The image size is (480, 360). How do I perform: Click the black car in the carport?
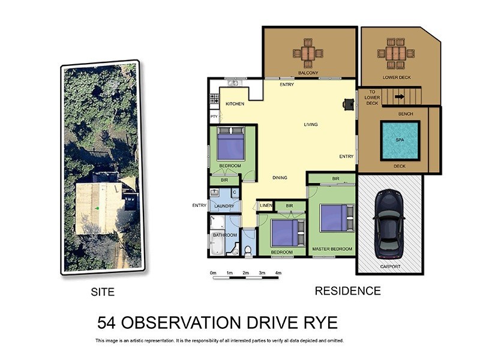click(x=388, y=222)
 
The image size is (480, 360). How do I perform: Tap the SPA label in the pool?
click(x=400, y=140)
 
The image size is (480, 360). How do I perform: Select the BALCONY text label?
click(x=308, y=73)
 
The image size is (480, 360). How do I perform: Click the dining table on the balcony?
click(x=308, y=53)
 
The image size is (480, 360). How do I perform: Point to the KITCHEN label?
click(x=235, y=104)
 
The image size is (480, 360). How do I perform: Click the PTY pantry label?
click(x=214, y=116)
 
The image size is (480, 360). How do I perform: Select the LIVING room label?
click(x=310, y=125)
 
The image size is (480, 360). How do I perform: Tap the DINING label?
click(x=280, y=178)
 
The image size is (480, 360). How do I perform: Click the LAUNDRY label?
click(x=224, y=206)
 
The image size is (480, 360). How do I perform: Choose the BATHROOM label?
click(x=225, y=236)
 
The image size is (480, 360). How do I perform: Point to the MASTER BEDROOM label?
click(x=332, y=248)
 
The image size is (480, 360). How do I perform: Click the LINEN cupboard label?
click(x=266, y=206)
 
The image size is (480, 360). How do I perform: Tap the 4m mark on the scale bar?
click(x=278, y=273)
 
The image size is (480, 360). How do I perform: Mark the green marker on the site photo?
click(x=96, y=208)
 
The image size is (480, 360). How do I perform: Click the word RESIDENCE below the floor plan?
click(x=348, y=291)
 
